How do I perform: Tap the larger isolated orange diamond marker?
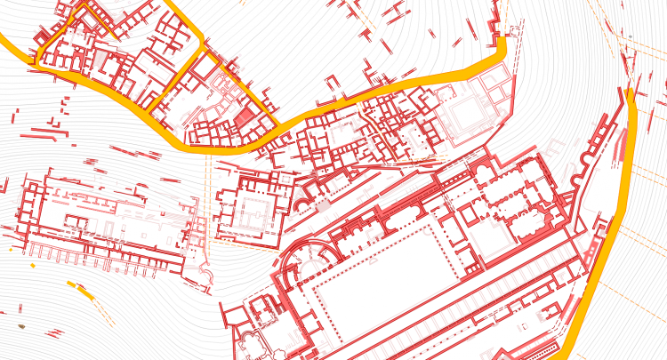coord(33,264)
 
